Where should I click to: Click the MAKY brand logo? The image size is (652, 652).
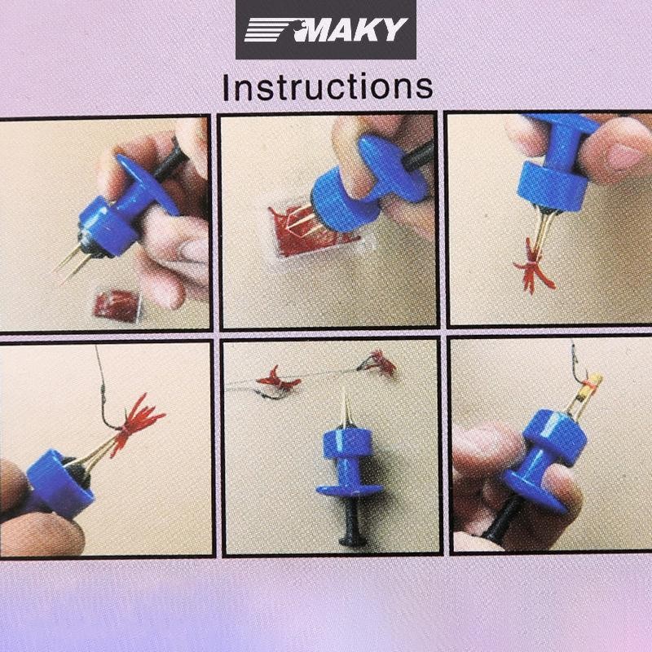click(326, 29)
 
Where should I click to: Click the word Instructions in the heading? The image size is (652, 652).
click(328, 87)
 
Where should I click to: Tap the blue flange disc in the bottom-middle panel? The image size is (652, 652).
click(350, 490)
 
